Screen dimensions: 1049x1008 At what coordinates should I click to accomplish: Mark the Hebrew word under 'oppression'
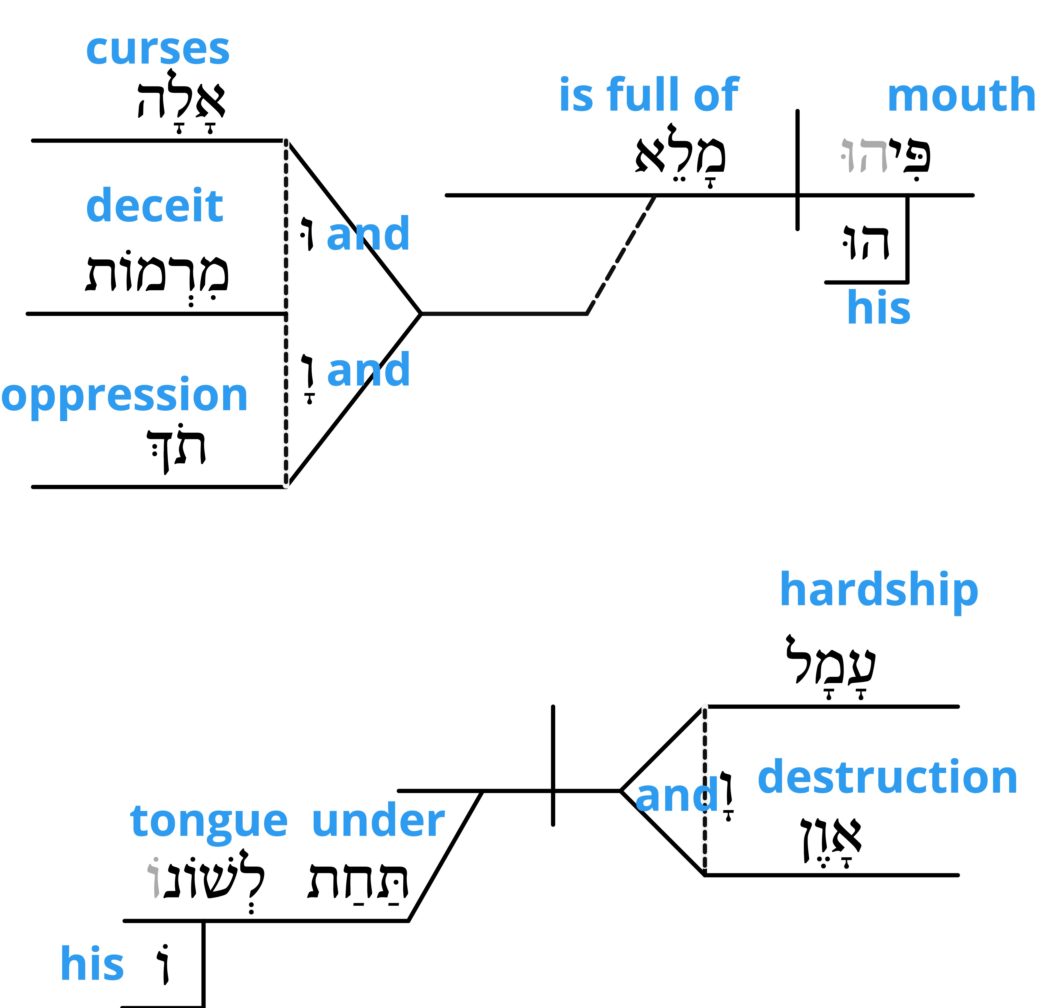(x=176, y=449)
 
